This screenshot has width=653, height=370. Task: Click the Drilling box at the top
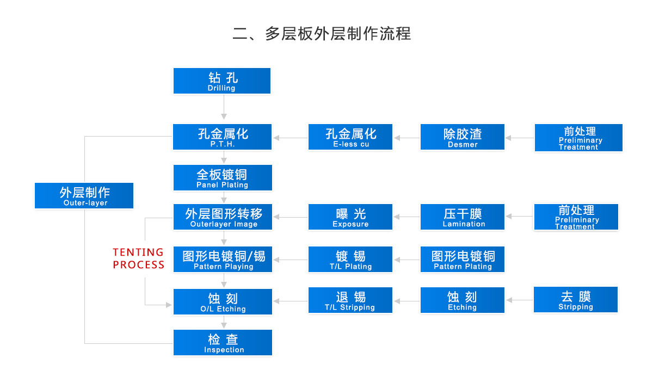tap(222, 81)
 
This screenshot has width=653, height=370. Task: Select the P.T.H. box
tap(222, 137)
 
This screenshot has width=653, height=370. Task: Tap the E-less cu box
tap(350, 137)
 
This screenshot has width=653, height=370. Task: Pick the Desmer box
tap(463, 137)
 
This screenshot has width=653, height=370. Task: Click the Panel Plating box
tap(223, 177)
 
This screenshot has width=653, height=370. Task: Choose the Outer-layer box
tap(84, 196)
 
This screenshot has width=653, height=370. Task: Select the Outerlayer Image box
tap(223, 217)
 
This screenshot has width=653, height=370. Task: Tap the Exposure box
tap(350, 217)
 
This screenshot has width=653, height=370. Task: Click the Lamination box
tap(463, 217)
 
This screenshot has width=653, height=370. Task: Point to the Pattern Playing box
tap(223, 259)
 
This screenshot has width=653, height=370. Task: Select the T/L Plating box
tap(350, 259)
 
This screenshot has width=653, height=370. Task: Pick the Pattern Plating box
tap(463, 259)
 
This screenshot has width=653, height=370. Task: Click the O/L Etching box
tap(223, 301)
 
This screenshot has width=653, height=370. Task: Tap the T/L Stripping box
tap(350, 300)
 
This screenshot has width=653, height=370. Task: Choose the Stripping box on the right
tap(576, 299)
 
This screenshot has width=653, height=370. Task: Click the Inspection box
tap(223, 342)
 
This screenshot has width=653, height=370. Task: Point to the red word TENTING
tap(138, 252)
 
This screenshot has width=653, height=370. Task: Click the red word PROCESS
tap(138, 265)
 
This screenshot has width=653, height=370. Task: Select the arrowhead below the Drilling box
tap(224, 116)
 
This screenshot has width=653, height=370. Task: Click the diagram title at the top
tap(322, 34)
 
